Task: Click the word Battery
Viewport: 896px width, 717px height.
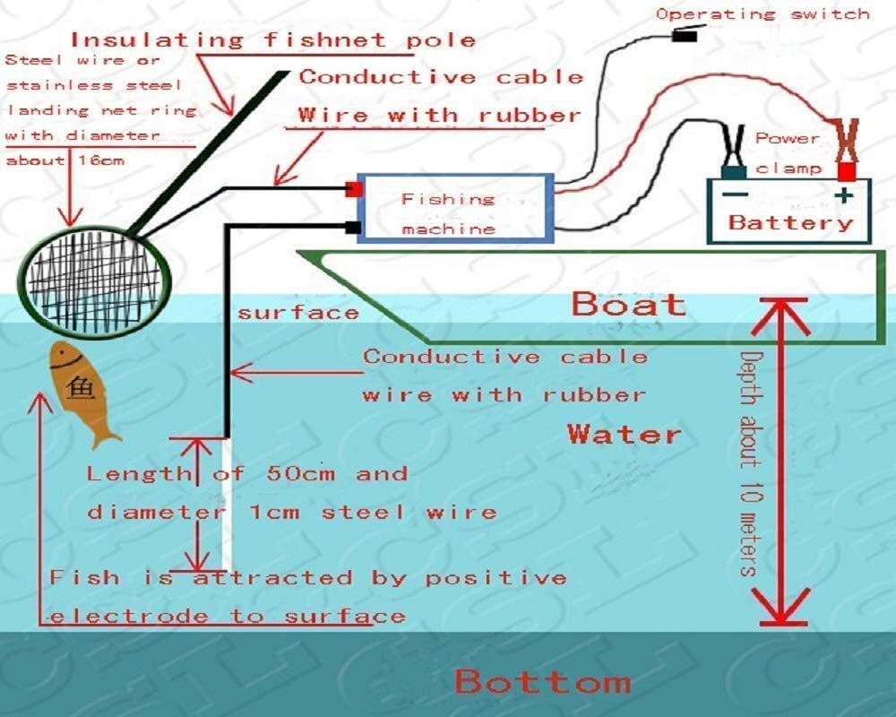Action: pyautogui.click(x=790, y=223)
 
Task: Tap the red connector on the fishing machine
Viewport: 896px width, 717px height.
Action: pyautogui.click(x=354, y=190)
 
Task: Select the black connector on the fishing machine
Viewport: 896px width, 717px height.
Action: pyautogui.click(x=354, y=228)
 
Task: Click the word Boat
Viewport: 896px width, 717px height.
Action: pyautogui.click(x=628, y=305)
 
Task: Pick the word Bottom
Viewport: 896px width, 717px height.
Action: pyautogui.click(x=542, y=682)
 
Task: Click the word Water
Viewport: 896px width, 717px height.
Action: pyautogui.click(x=625, y=436)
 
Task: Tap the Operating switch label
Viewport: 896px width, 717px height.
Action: pyautogui.click(x=762, y=13)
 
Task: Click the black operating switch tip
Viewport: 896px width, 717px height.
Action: pyautogui.click(x=685, y=38)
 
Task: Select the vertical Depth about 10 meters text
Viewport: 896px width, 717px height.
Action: pyautogui.click(x=750, y=463)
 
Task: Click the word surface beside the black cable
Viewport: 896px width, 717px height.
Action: pyautogui.click(x=297, y=313)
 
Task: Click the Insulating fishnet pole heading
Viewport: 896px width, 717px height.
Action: pyautogui.click(x=272, y=40)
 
